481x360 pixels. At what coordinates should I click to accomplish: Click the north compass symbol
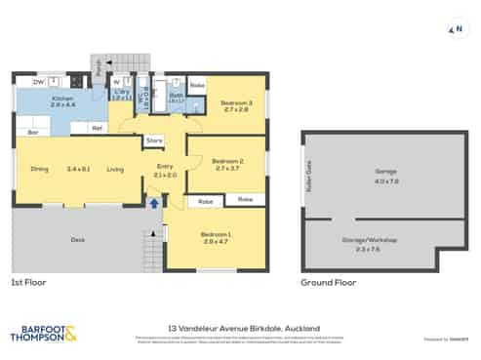click(x=454, y=29)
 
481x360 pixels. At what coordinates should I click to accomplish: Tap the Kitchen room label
click(x=62, y=98)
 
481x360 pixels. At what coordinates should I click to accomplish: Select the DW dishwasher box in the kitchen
click(x=37, y=82)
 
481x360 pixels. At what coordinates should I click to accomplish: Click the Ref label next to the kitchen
click(x=98, y=127)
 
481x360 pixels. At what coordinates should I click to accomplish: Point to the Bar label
click(x=33, y=131)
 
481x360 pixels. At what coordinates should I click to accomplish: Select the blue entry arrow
click(x=153, y=203)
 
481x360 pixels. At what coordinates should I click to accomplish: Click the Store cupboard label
click(x=153, y=141)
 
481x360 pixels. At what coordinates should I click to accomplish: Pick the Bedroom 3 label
click(x=236, y=102)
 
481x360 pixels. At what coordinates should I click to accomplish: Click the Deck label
click(x=77, y=238)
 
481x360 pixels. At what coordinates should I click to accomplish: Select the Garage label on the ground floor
click(x=386, y=171)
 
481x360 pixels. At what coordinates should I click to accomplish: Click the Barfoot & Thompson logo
click(x=43, y=333)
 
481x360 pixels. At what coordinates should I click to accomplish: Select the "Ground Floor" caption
click(x=324, y=283)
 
